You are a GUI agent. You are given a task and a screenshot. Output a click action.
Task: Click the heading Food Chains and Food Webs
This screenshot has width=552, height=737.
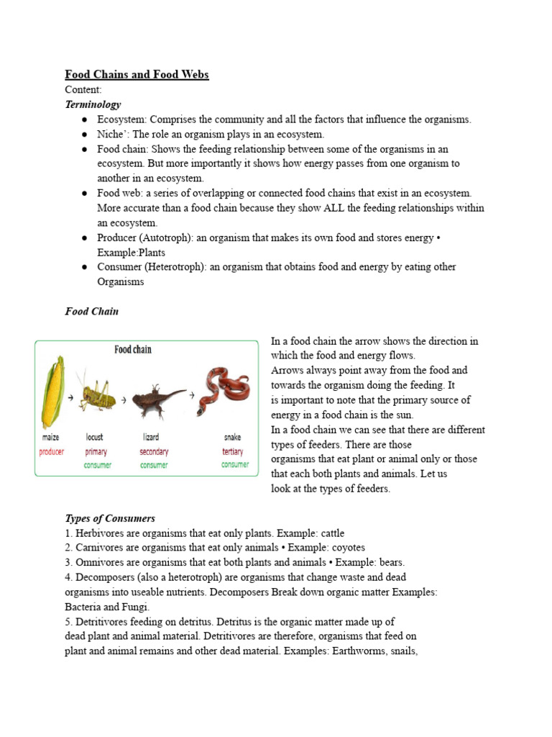pos(137,75)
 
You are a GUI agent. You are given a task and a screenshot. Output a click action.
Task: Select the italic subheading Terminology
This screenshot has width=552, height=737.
pos(93,104)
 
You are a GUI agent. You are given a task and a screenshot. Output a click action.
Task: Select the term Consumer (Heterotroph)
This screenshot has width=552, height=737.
pos(152,267)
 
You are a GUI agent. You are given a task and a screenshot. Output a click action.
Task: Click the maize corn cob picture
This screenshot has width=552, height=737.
pos(52,393)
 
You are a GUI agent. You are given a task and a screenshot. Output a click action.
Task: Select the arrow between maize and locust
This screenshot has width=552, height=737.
pos(70,397)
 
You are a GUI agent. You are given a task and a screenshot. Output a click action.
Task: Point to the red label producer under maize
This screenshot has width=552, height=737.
pos(52,452)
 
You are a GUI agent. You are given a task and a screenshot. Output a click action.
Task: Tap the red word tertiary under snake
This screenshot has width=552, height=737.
pos(232,452)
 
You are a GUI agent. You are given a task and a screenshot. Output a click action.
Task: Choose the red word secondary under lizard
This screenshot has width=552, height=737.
pos(154,452)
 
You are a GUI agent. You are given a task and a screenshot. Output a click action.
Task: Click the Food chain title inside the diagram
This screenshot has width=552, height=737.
pos(133,350)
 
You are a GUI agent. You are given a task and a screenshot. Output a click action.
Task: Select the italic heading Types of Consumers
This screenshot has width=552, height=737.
pos(110,518)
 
